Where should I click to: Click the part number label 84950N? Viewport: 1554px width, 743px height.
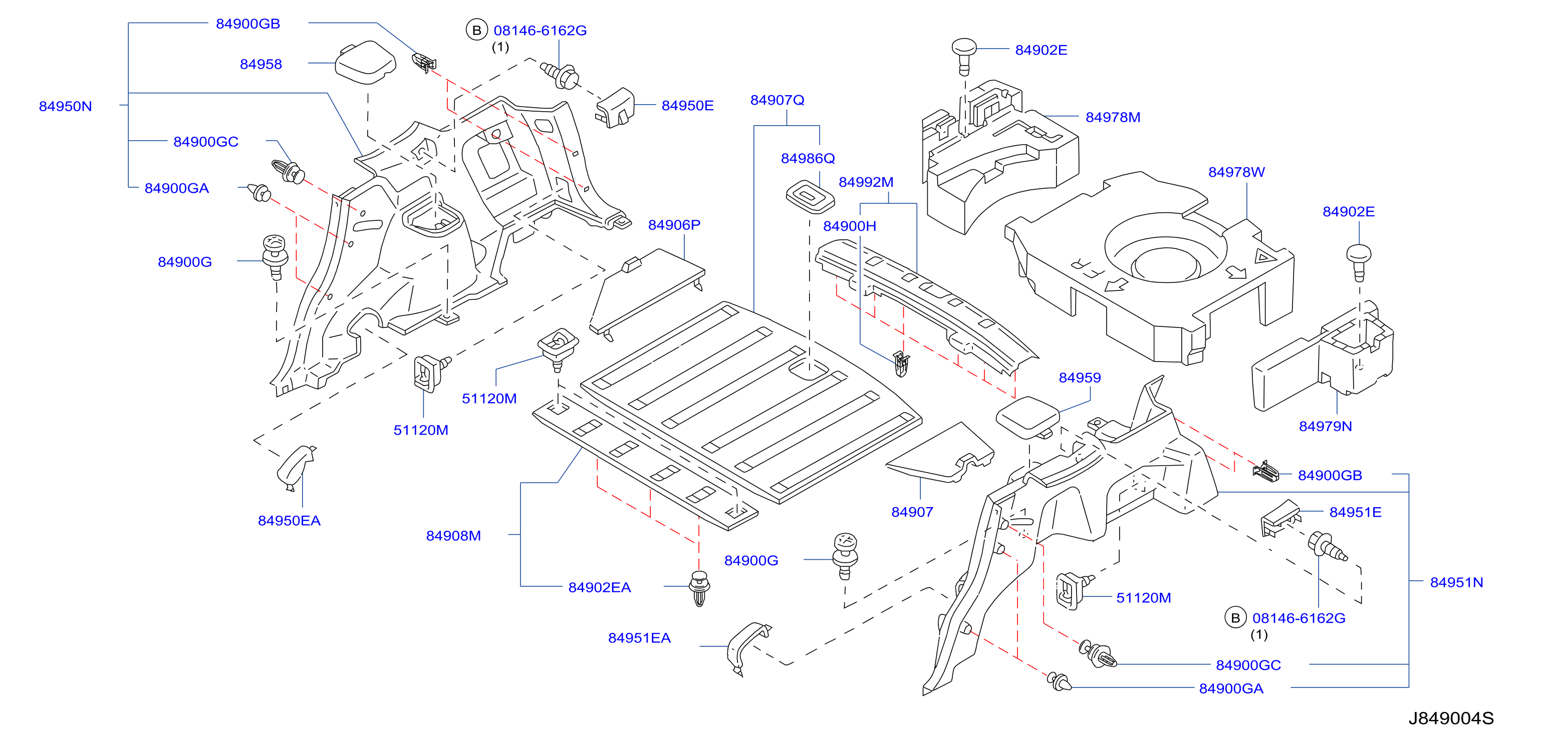65,106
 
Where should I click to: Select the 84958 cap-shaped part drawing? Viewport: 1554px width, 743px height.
366,62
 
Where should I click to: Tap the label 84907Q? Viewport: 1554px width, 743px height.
777,100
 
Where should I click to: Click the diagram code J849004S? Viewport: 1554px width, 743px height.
1451,718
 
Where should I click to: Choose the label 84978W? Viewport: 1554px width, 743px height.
1236,172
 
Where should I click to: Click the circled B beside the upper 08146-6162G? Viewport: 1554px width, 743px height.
476,30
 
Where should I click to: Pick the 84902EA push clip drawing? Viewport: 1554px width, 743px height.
699,588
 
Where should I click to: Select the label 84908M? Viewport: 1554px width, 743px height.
453,536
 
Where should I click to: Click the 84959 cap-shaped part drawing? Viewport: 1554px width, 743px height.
1027,418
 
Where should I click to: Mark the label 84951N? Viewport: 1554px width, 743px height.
1456,583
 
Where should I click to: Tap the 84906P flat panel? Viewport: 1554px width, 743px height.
647,292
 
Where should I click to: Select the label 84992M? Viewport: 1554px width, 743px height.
866,182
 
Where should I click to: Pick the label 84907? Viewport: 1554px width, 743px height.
912,512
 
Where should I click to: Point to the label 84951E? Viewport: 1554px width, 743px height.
1355,512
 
